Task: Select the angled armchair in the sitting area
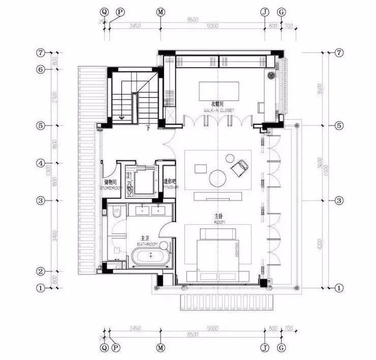239,167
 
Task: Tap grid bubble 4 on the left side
42,163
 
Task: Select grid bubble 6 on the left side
42,70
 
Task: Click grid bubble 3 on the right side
339,201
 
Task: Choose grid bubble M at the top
161,12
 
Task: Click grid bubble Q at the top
105,12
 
